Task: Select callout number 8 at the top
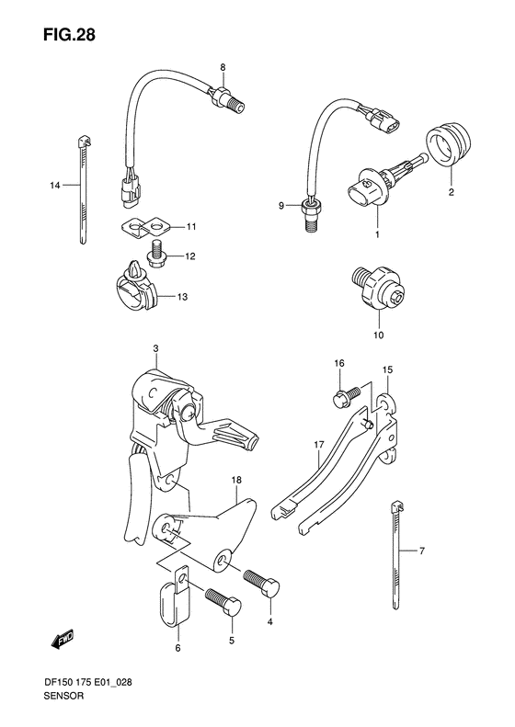(222, 67)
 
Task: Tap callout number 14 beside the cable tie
(54, 186)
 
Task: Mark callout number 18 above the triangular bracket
(236, 481)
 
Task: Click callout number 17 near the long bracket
(318, 446)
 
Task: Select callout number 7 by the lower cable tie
(422, 551)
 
